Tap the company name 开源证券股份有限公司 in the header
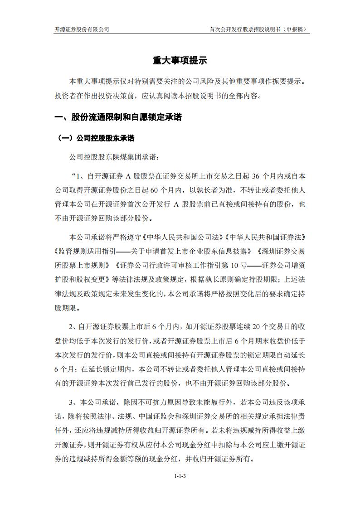click(82, 29)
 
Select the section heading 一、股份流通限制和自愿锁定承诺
click(118, 117)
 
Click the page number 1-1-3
click(180, 476)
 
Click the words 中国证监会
click(152, 416)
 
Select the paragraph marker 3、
click(73, 402)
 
